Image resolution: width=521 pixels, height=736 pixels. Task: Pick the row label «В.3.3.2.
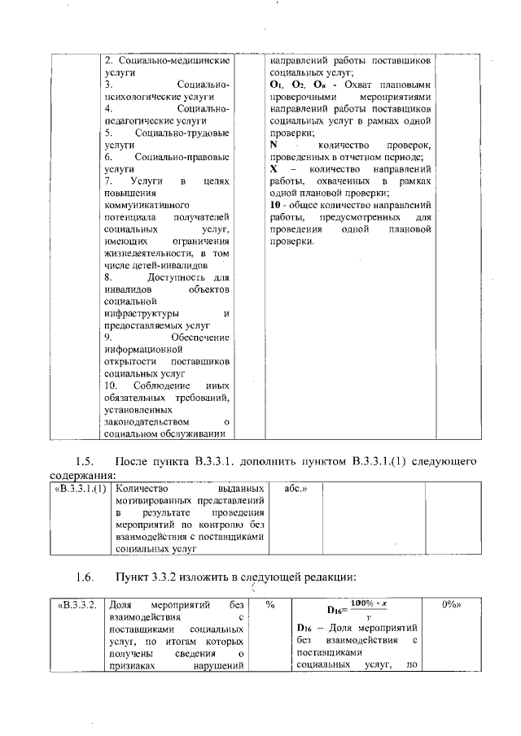tap(78, 606)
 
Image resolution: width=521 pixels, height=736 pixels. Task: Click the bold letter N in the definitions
tap(274, 145)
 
